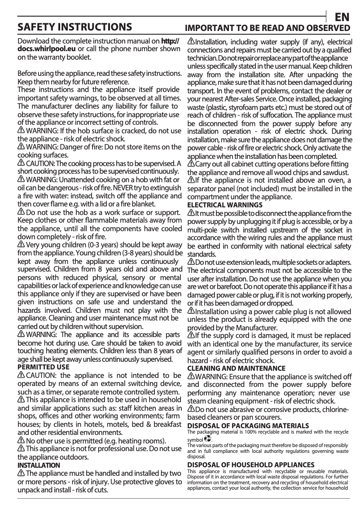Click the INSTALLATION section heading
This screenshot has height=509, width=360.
pyautogui.click(x=38, y=465)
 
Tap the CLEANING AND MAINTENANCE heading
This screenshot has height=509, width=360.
pyautogui.click(x=236, y=368)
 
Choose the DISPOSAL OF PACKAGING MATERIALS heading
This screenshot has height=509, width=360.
pyautogui.click(x=248, y=425)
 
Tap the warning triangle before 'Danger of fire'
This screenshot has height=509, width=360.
pyautogui.click(x=21, y=147)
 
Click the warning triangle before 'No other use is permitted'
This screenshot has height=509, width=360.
pyautogui.click(x=21, y=440)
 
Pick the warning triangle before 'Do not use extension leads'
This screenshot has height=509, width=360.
pyautogui.click(x=191, y=262)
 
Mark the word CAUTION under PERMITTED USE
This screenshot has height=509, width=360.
pyautogui.click(x=42, y=375)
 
